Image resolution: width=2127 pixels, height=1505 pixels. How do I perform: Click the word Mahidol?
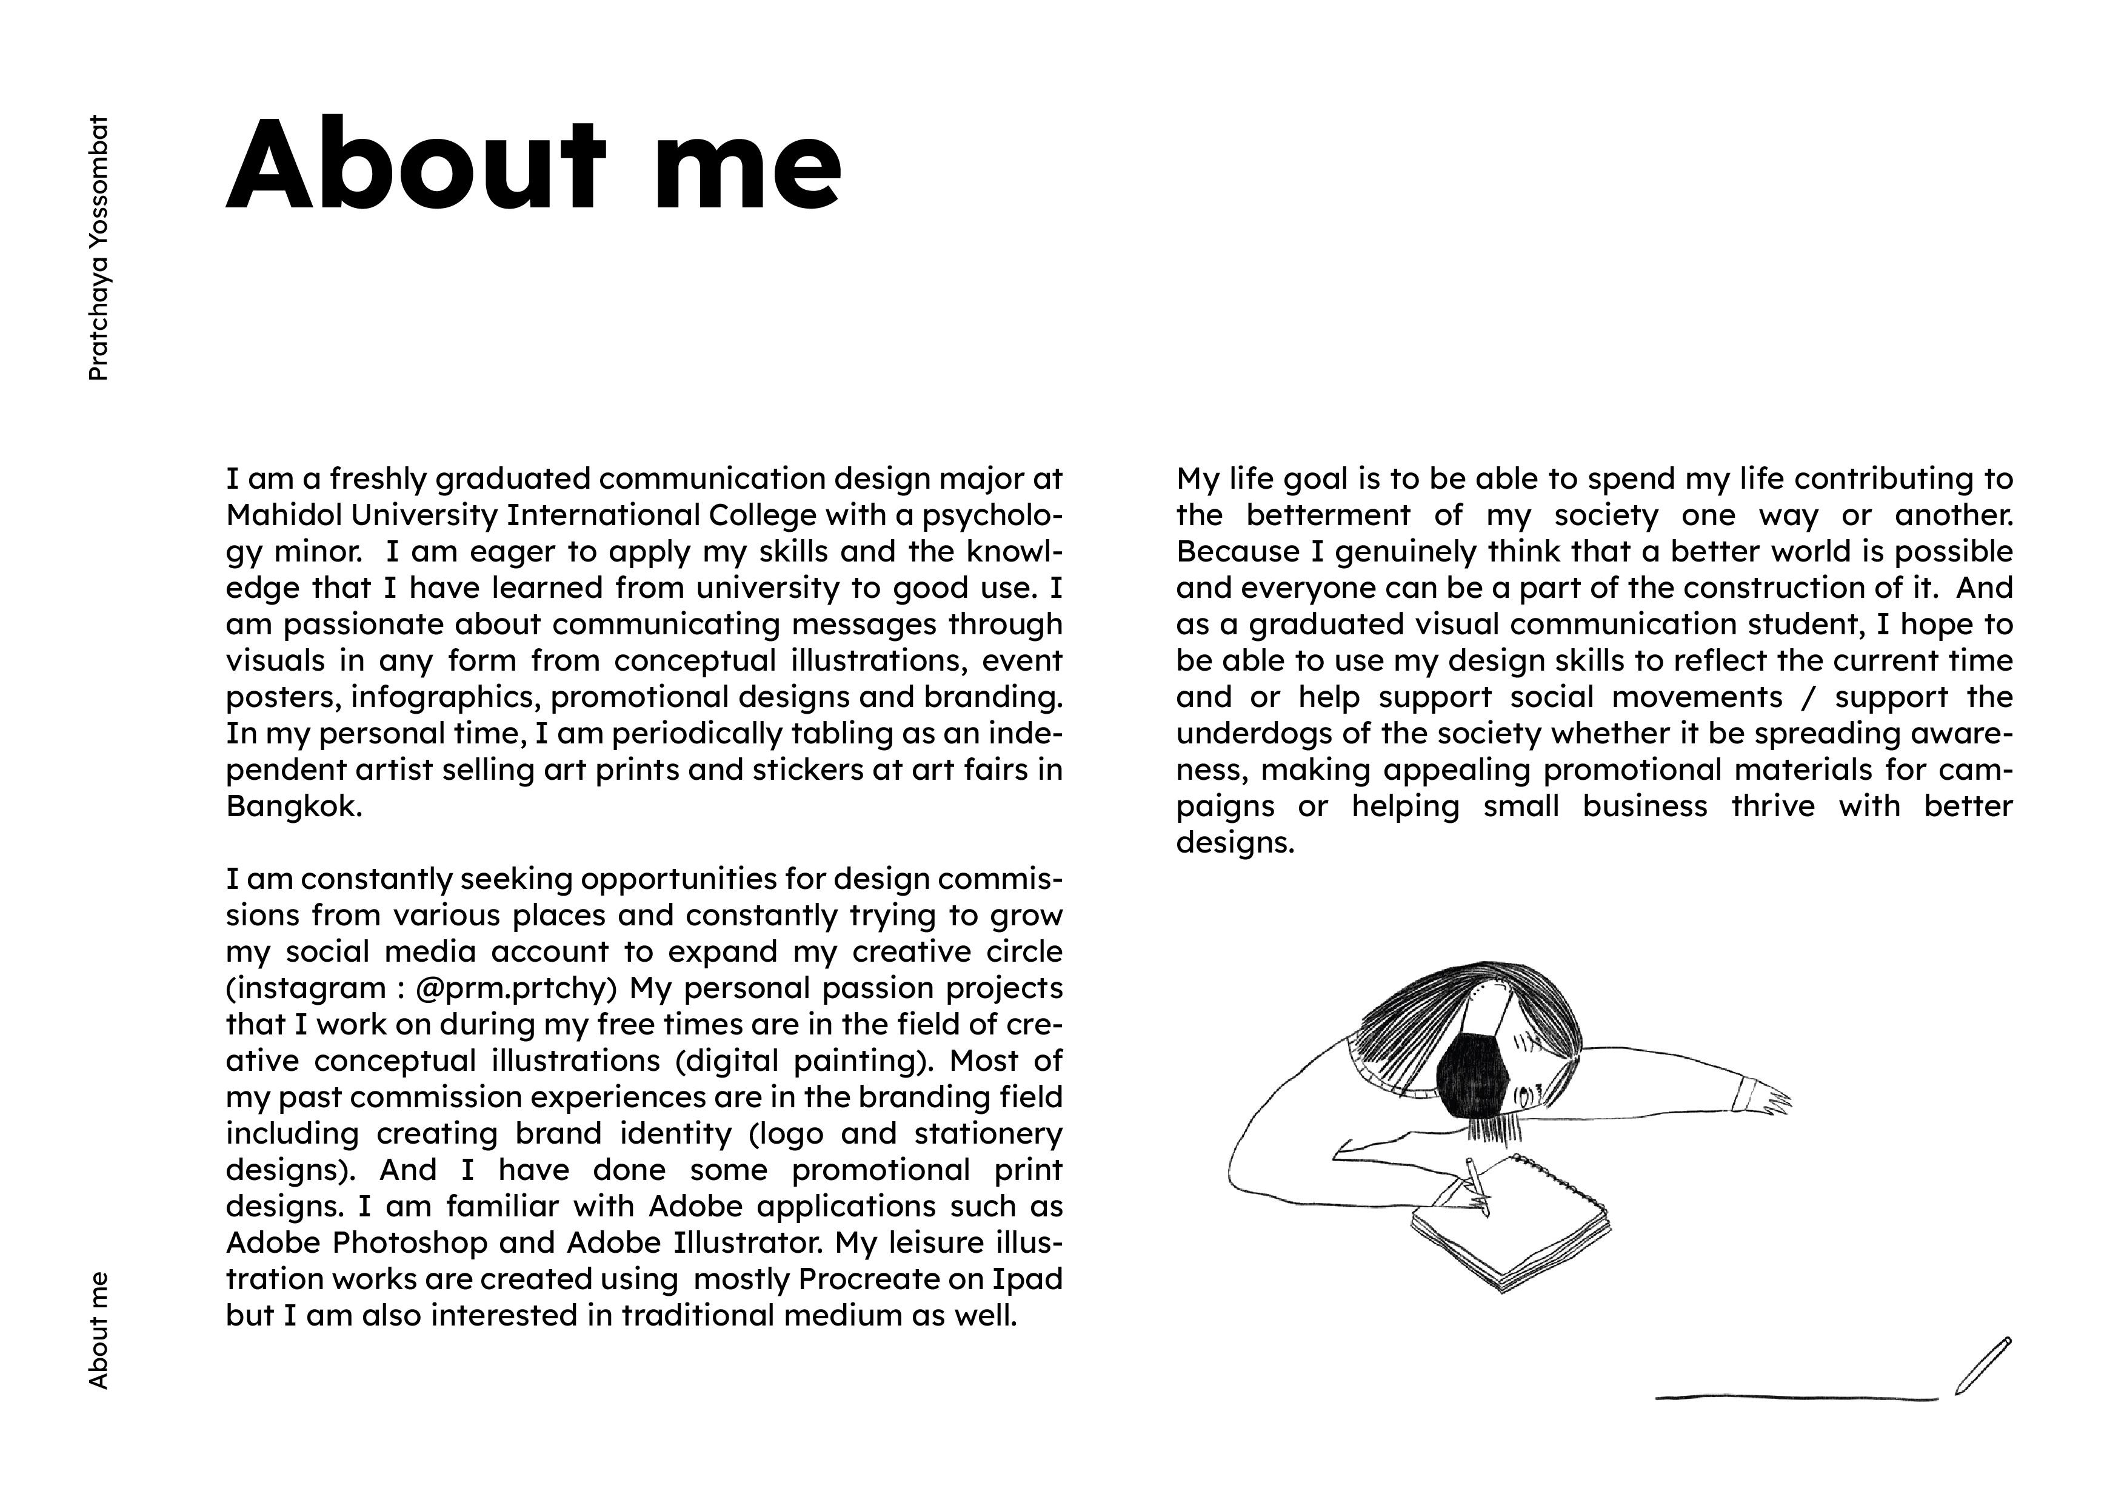(x=282, y=515)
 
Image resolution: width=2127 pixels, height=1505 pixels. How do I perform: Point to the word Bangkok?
(x=293, y=806)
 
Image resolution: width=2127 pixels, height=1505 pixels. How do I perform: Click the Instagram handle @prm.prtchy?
(x=516, y=988)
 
